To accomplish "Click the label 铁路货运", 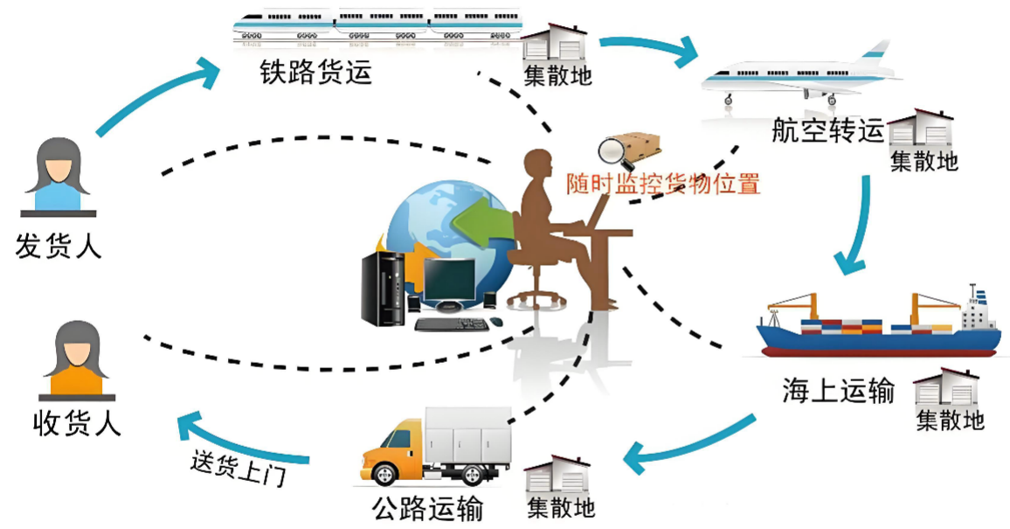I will pyautogui.click(x=315, y=73).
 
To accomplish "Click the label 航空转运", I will pyautogui.click(x=827, y=130).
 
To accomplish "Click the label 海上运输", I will pyautogui.click(x=838, y=390).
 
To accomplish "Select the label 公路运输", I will pyautogui.click(x=427, y=506).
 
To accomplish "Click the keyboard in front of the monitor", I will pyautogui.click(x=451, y=324).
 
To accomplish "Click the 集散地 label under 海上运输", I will pyautogui.click(x=950, y=420).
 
